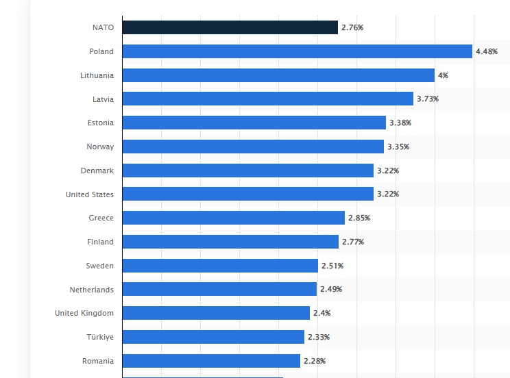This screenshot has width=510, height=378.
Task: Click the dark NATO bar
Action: tap(230, 27)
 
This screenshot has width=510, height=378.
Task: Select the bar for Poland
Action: tap(297, 51)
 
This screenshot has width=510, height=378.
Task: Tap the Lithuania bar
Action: tap(278, 75)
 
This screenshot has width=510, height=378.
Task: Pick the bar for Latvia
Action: tap(267, 99)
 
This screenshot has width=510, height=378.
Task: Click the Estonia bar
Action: tap(254, 123)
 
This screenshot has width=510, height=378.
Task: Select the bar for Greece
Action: tap(233, 218)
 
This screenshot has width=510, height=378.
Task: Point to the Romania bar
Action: tap(211, 361)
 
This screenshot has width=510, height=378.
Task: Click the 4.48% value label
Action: tap(487, 51)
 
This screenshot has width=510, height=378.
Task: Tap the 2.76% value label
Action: tap(352, 27)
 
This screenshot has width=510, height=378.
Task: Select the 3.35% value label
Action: tap(398, 147)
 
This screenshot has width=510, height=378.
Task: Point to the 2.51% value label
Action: tap(332, 266)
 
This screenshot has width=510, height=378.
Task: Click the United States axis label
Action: tap(90, 194)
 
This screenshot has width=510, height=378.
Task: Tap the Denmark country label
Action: tap(97, 171)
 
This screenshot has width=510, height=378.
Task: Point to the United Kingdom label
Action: tap(84, 313)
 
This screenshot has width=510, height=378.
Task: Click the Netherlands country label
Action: tap(91, 290)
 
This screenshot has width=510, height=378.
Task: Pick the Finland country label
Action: tap(100, 242)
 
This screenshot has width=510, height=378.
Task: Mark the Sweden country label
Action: tap(99, 266)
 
